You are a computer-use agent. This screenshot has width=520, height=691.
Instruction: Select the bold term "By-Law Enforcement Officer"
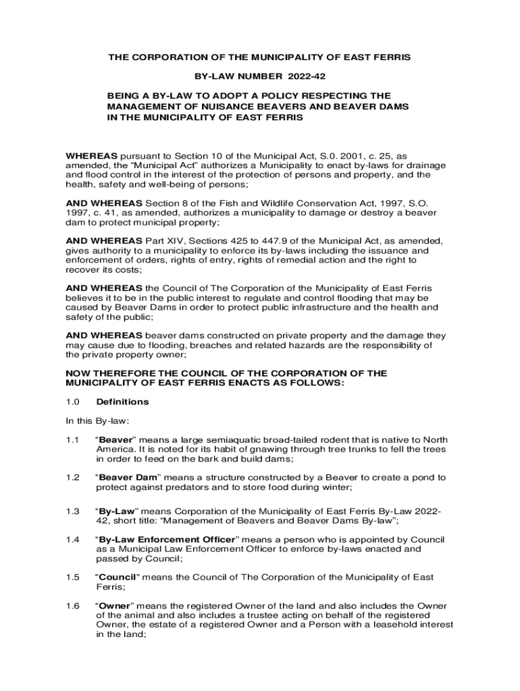(168, 540)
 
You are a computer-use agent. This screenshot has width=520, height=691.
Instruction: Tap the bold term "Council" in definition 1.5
(119, 578)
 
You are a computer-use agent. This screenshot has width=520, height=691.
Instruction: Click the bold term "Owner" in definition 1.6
(115, 605)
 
